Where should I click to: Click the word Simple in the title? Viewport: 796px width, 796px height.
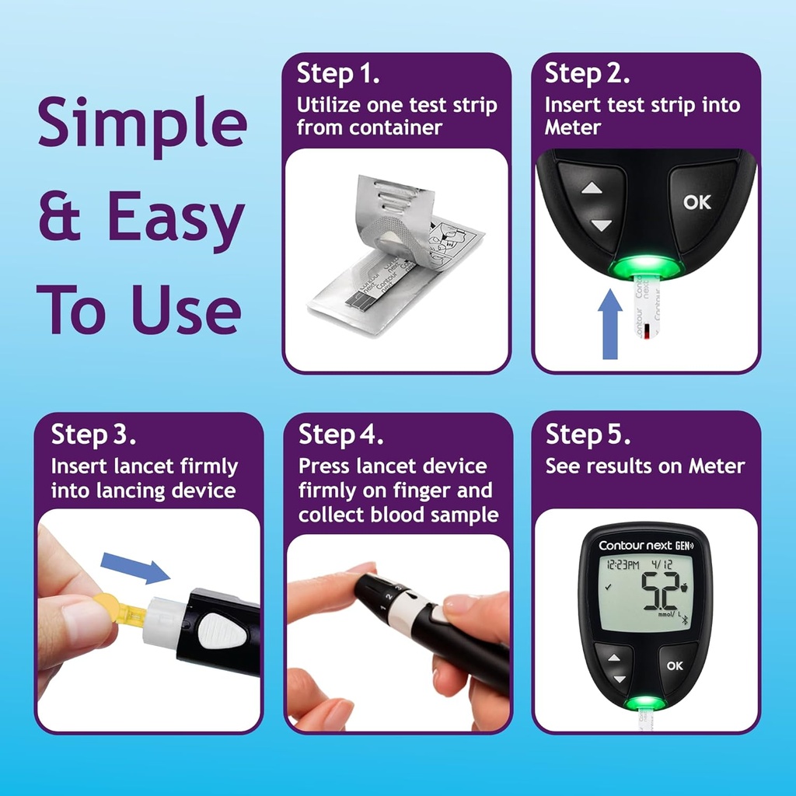pos(141,124)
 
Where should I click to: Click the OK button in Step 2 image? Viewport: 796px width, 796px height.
pos(696,202)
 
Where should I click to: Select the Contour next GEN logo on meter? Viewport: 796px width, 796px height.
pos(645,545)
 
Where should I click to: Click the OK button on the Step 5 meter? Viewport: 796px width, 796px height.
pos(674,665)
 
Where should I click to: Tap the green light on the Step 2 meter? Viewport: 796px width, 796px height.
pos(645,268)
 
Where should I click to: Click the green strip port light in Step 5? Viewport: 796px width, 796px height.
pos(644,703)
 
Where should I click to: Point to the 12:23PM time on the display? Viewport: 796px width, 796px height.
pos(623,566)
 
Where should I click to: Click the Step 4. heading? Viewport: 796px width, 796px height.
pos(340,435)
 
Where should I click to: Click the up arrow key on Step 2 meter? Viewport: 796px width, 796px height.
pos(592,188)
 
